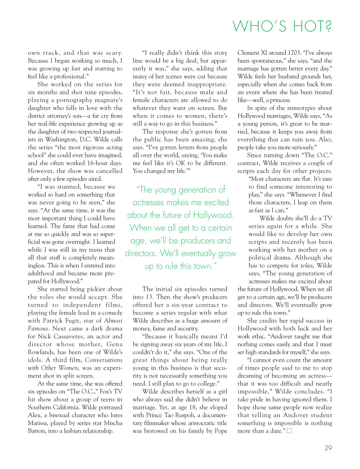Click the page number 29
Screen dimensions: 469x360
[x=328, y=448]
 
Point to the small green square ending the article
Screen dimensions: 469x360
[x=289, y=431]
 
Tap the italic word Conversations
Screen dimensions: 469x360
[x=104, y=360]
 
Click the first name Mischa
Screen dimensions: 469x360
[x=113, y=423]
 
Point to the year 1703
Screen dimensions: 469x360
[x=284, y=53]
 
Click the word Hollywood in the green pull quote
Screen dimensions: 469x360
[x=212, y=215]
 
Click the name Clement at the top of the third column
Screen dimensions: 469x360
[x=248, y=53]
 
